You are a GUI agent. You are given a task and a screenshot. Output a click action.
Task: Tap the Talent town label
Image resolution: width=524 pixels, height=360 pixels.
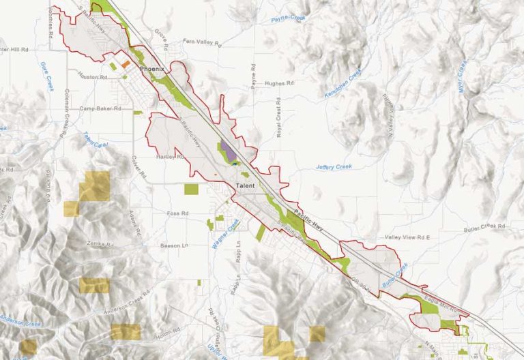246,185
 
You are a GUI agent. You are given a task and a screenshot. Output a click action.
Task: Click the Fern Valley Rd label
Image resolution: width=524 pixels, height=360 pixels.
203,42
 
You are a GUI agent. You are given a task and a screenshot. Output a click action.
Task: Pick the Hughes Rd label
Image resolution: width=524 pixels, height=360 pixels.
280,82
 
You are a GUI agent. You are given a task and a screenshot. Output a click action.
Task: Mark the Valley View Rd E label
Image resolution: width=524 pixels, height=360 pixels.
409,237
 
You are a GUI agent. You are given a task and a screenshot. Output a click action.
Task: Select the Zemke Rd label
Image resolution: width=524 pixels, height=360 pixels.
98,243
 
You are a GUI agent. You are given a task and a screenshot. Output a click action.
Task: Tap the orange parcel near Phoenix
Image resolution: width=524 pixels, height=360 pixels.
126,63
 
